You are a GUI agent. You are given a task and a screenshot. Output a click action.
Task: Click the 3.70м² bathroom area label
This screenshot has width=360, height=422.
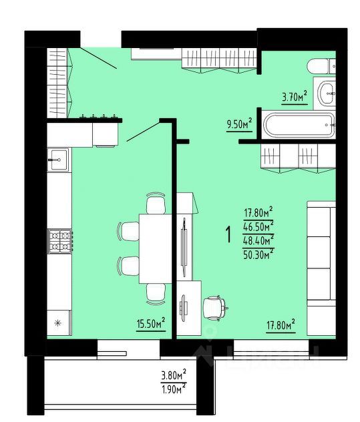[295, 97]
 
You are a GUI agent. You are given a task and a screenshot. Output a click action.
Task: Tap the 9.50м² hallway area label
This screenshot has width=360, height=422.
[239, 124]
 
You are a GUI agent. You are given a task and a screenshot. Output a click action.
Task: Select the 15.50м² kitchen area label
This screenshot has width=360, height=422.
[150, 324]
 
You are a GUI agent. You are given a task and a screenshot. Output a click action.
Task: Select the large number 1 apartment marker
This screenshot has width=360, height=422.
[228, 234]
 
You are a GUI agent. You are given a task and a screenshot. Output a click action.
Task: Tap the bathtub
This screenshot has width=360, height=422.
[298, 125]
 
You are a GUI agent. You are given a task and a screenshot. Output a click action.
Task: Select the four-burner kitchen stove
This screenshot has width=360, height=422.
[59, 241]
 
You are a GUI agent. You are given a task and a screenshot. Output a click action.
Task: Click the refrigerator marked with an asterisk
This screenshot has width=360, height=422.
[58, 324]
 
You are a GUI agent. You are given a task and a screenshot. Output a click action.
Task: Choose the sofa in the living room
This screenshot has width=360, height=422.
[320, 252]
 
